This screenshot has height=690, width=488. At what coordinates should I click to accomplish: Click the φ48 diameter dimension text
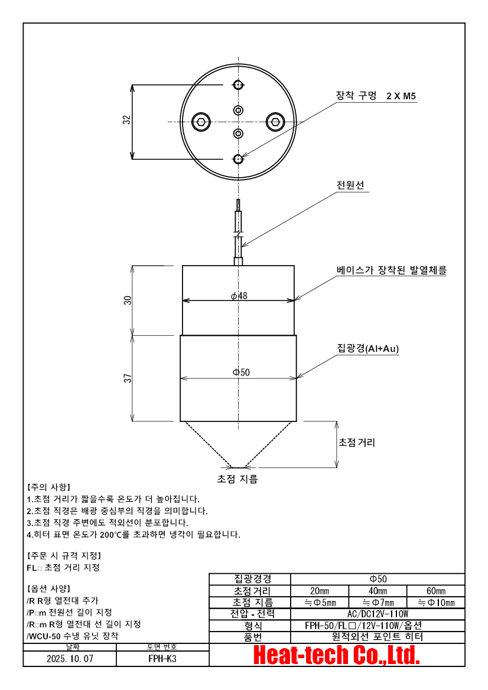pos(239,295)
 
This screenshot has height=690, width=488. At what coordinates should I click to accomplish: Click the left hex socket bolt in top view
pos(201,122)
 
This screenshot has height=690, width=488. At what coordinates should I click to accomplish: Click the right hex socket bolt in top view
pos(274,122)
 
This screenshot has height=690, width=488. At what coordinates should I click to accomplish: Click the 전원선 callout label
pos(350,185)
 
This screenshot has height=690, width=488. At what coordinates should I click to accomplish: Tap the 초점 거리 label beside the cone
pos(356,442)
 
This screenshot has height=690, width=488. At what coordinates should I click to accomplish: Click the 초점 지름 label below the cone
pos(238,479)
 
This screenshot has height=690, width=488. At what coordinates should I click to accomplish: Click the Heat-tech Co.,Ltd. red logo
pos(336,655)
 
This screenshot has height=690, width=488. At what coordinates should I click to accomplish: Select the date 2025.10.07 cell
pos(70,659)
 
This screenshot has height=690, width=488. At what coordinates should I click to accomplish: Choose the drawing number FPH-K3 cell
pos(162,659)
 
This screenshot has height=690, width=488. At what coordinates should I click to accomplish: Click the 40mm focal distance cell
pos(378,591)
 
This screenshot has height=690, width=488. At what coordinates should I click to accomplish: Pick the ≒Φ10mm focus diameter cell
pos(435,603)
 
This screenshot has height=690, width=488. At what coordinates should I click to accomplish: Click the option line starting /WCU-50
pos(72,636)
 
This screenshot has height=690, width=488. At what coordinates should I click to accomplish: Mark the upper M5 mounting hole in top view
pos(238,85)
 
